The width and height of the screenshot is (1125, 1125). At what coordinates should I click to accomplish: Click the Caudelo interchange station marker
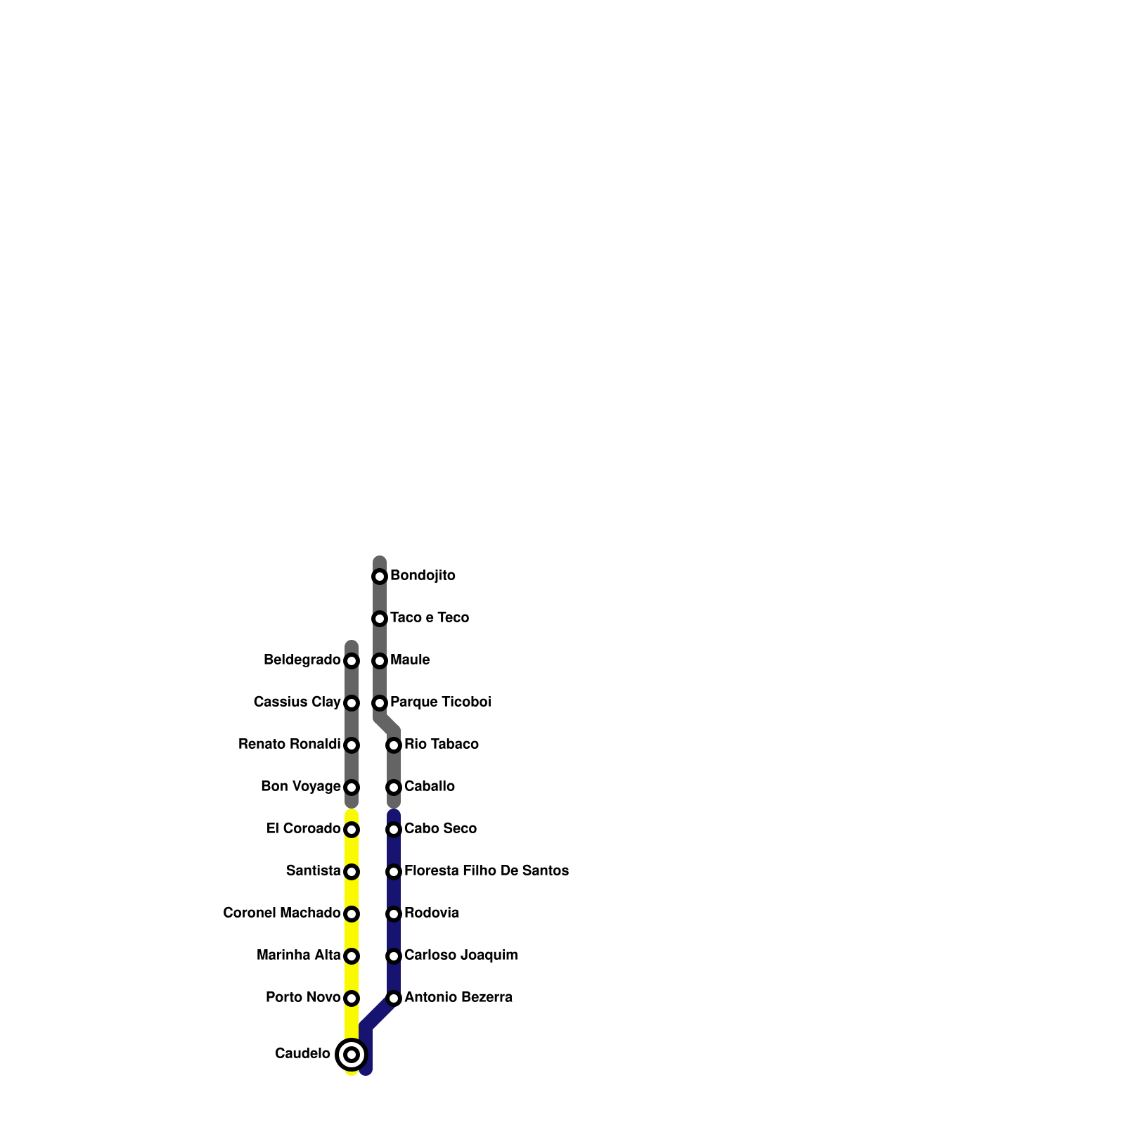point(352,1054)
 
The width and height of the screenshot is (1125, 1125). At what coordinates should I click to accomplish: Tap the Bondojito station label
point(423,576)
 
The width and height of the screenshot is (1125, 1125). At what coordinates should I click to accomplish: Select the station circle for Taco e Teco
point(380,619)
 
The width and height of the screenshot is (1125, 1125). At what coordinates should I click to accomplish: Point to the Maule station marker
point(380,661)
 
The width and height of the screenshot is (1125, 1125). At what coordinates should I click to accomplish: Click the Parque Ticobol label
point(440,702)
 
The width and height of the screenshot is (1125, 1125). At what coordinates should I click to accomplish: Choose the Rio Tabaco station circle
point(394,745)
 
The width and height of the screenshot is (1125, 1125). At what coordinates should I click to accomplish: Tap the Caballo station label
point(429,787)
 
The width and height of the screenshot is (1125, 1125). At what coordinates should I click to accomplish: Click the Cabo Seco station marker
point(394,830)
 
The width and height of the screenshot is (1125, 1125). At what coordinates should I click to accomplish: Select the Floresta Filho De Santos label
point(486,871)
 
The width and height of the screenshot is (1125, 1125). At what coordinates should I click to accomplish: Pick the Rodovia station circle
point(394,914)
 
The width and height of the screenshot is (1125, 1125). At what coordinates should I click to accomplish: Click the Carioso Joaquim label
point(461,956)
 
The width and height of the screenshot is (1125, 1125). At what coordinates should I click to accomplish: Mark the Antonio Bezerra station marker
point(394,998)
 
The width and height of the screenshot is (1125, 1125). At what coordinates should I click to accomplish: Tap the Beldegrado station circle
point(352,661)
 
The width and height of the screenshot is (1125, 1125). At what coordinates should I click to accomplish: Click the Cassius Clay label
point(297,702)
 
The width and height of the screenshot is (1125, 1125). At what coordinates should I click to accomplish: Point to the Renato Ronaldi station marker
point(352,745)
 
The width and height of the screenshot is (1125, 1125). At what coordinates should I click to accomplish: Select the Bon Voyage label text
point(300,787)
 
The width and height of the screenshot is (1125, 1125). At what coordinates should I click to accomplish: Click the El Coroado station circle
point(352,830)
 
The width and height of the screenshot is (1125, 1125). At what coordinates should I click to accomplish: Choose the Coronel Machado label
point(281,913)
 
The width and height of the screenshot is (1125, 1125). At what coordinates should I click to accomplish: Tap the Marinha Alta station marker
point(352,956)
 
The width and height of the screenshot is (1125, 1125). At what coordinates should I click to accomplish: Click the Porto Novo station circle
point(352,998)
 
